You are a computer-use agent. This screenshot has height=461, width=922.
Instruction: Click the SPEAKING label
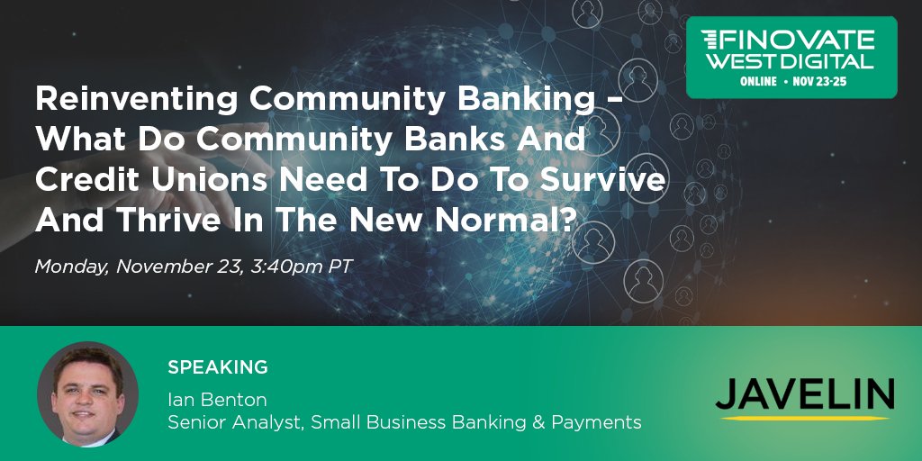(218, 367)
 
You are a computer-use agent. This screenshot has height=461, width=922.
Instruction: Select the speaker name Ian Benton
(217, 399)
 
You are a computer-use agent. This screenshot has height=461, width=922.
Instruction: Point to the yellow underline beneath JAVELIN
(805, 417)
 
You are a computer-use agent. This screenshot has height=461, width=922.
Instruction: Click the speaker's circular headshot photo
(87, 393)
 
